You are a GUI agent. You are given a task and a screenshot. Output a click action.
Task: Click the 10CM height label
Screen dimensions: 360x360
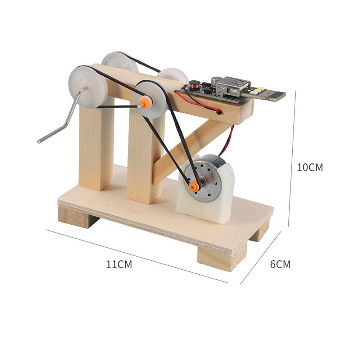[x=310, y=167]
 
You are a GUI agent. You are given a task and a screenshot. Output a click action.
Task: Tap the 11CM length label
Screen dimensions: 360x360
[x=119, y=265]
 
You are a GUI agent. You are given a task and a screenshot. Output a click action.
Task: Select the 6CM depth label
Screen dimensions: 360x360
[x=280, y=265]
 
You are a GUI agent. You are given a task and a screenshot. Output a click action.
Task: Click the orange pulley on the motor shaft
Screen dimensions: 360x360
[x=194, y=186]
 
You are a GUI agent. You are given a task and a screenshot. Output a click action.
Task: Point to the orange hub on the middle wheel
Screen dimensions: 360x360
[x=144, y=104]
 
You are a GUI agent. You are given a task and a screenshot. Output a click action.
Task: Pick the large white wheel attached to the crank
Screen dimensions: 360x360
[x=88, y=86]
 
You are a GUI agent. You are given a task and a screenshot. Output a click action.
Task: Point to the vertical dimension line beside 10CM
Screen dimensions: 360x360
[x=292, y=158]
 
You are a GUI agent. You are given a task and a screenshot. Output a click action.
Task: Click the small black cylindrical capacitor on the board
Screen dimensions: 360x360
[x=216, y=80]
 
